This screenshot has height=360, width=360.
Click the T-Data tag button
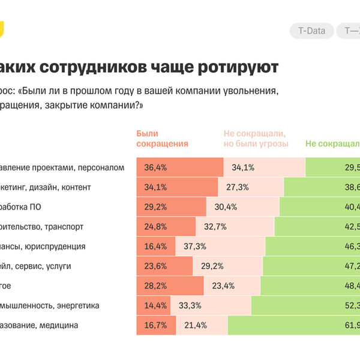[311, 31]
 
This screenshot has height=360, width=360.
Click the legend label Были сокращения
[163, 139]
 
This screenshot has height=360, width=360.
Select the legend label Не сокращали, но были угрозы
[256, 139]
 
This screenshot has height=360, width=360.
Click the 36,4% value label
[155, 167]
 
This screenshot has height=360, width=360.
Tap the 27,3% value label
[238, 187]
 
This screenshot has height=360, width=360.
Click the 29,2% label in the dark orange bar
[155, 207]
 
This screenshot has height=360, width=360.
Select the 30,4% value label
[226, 207]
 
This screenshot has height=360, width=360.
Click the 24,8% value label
[155, 227]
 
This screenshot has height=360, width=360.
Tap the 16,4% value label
[155, 247]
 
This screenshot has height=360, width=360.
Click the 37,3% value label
[195, 247]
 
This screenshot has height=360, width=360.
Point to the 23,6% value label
[155, 266]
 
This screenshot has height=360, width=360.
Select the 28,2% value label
[155, 286]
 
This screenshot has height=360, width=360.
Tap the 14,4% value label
[155, 306]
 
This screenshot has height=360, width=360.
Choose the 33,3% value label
[191, 306]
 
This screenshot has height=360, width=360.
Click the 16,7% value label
[155, 326]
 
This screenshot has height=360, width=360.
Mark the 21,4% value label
[195, 326]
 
